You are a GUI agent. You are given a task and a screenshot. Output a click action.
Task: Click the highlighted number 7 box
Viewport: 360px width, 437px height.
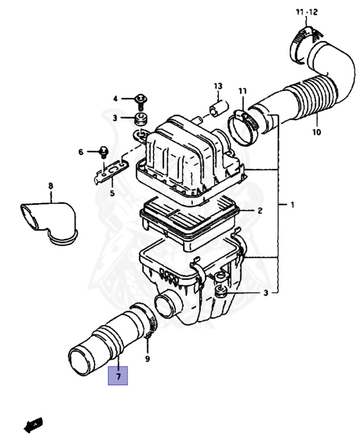[x=118, y=376]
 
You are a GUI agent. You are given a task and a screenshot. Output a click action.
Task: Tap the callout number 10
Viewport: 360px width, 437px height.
[x=316, y=133]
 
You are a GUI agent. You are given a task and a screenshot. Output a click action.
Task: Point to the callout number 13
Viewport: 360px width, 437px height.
[x=217, y=86]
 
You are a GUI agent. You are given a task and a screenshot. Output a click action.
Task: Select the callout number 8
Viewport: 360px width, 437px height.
[x=50, y=185]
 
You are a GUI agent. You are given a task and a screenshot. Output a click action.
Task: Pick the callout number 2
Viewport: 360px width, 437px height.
[x=259, y=211]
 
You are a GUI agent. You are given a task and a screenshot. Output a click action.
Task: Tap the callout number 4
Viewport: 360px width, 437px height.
[x=115, y=98]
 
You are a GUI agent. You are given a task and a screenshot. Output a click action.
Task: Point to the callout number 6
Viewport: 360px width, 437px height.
[x=81, y=152]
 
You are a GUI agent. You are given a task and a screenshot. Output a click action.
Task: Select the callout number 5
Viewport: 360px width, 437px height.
[x=112, y=193]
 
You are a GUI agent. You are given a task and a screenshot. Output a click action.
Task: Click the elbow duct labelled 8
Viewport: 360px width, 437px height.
[x=48, y=222]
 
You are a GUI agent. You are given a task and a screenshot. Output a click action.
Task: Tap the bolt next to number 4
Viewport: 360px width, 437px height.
[x=140, y=101]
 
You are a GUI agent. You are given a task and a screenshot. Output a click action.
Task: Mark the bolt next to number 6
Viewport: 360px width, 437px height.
[x=104, y=151]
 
